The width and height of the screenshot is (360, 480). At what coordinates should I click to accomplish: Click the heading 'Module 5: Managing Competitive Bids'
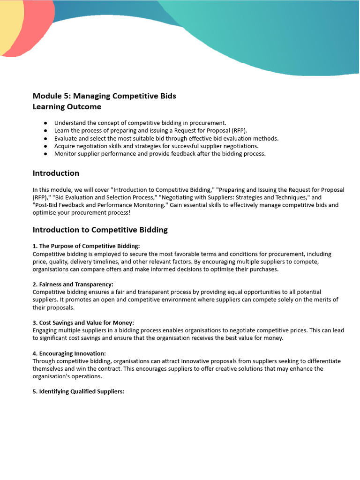click(x=104, y=96)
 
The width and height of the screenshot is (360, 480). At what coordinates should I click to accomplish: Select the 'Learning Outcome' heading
click(x=67, y=107)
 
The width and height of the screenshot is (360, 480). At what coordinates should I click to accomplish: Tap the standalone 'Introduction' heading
click(x=56, y=173)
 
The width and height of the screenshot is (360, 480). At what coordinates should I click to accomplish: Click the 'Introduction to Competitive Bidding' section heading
click(x=100, y=230)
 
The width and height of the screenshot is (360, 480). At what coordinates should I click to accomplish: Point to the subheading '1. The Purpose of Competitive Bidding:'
click(x=86, y=246)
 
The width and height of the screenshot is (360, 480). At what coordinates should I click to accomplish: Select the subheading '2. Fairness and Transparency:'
click(x=73, y=285)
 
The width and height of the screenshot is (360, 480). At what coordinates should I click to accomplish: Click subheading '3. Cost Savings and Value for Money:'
click(x=83, y=323)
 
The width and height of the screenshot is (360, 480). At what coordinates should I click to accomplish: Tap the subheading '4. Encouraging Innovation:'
click(x=69, y=353)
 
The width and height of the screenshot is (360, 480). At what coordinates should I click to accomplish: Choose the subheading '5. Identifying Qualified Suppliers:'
click(x=78, y=391)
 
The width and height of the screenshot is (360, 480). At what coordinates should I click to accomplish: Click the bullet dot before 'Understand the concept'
click(x=45, y=123)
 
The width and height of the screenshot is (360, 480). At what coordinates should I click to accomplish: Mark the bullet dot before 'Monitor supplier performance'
click(x=45, y=154)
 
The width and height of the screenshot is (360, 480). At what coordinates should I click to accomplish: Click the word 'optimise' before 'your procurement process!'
click(x=45, y=212)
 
